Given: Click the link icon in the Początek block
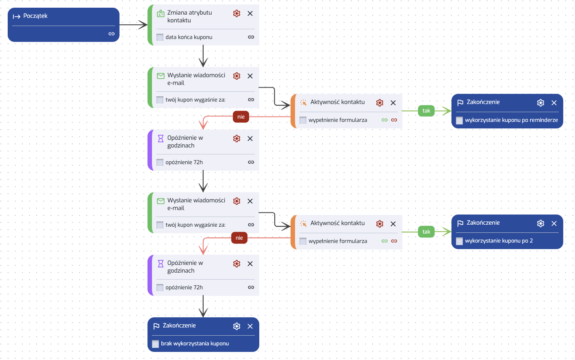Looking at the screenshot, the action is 111,34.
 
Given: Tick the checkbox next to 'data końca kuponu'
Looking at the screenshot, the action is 160,37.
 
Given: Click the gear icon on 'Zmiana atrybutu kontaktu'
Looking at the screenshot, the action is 237,13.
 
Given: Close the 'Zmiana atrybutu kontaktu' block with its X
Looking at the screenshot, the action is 250,13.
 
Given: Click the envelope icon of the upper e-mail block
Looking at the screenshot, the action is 161,76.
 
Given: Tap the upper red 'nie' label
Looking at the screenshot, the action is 241,117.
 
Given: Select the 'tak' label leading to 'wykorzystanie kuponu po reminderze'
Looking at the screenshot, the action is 426,111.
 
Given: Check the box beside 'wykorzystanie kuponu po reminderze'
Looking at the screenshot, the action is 459,120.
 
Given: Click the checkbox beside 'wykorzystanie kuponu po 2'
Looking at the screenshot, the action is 459,241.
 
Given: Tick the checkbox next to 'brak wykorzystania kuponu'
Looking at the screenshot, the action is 155,344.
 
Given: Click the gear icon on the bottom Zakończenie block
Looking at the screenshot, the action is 237,326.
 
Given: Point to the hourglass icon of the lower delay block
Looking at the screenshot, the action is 161,264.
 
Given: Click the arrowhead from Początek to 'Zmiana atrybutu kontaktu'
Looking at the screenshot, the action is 143,25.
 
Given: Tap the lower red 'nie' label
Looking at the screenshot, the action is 239,238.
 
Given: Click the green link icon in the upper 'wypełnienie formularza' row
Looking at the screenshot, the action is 384,120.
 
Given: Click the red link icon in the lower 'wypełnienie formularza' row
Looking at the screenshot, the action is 394,241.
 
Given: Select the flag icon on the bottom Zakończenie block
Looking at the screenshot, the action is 156,326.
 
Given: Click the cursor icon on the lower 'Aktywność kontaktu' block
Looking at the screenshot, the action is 303,224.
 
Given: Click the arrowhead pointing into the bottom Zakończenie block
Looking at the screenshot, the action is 203,313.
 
